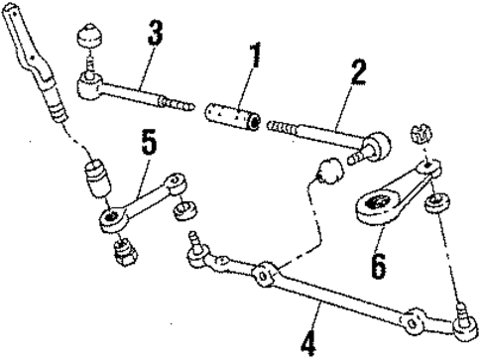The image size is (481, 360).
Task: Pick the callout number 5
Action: point(147,142)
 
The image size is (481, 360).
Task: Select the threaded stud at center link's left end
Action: point(192,241)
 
